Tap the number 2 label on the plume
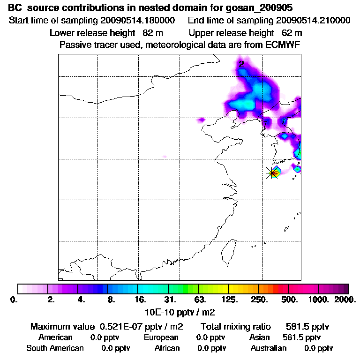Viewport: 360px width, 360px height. click(241, 64)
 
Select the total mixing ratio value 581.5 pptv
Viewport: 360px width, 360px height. click(303, 326)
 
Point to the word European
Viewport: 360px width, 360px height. click(161, 337)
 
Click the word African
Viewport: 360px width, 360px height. click(167, 348)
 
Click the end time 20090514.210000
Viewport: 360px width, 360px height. click(313, 21)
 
